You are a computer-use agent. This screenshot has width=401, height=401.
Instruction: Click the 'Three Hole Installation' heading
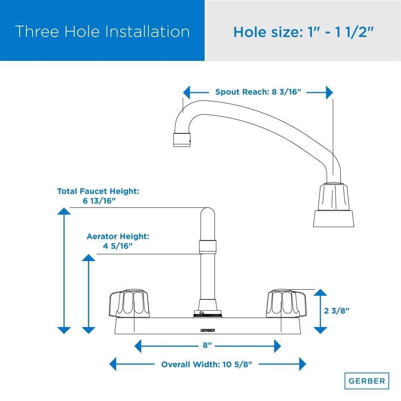tap(102, 32)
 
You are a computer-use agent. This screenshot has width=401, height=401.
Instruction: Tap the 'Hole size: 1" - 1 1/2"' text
tap(303, 32)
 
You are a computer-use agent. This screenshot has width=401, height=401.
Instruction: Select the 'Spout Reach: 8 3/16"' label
tap(258, 92)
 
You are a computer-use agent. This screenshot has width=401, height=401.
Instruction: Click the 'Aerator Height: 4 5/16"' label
tap(118, 241)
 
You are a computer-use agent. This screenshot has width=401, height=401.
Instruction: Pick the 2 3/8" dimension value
tap(336, 311)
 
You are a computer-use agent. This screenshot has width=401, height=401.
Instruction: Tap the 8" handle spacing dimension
tap(207, 346)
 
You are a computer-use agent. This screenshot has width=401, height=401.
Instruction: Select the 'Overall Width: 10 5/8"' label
tap(206, 364)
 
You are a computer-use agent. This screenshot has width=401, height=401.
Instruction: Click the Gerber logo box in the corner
tap(367, 381)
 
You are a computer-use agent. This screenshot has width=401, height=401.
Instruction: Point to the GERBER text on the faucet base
tap(208, 331)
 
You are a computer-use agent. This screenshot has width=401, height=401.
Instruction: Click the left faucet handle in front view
tap(129, 304)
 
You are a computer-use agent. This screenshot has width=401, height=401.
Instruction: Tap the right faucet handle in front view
tap(286, 304)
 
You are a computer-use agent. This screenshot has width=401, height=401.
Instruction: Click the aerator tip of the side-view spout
tap(182, 140)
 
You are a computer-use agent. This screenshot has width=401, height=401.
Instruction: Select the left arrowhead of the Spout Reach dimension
tap(186, 92)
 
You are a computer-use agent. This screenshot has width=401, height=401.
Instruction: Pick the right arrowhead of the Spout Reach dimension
tap(329, 92)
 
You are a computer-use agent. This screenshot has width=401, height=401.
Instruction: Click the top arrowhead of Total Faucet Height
tap(64, 211)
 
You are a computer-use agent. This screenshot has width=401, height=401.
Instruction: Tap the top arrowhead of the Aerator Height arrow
tap(88, 258)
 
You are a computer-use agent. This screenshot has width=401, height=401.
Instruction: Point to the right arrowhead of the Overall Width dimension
tap(302, 364)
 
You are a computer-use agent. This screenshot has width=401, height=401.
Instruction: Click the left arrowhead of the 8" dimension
tap(138, 346)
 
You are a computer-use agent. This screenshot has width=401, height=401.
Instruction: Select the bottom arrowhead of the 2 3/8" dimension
tap(320, 331)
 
